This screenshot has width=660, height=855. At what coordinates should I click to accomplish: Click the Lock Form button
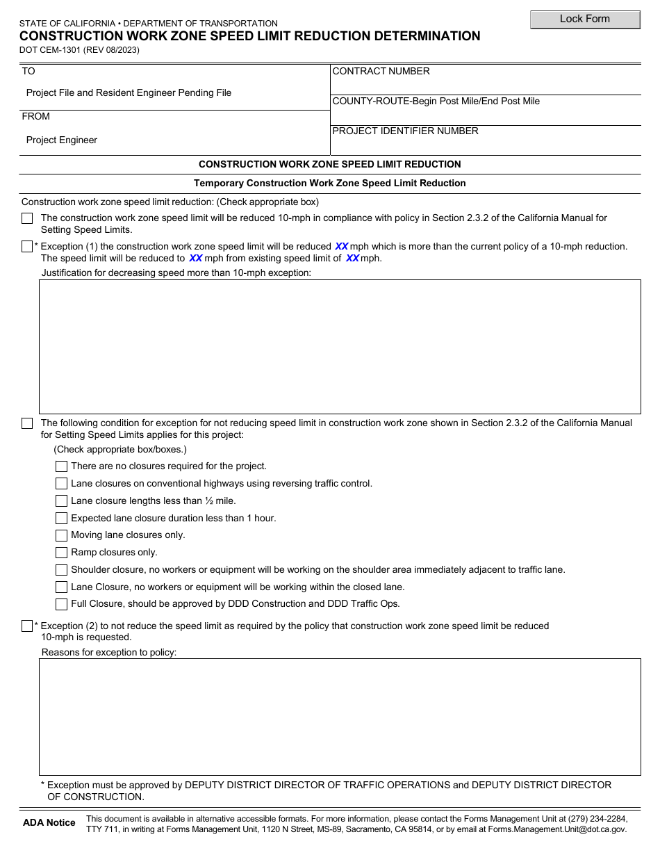click(585, 19)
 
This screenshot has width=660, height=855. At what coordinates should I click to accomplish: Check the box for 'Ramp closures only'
click(61, 553)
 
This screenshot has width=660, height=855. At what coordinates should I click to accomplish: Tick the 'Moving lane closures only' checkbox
click(61, 535)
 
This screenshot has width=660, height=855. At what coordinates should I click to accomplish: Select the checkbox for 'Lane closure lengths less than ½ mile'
click(61, 501)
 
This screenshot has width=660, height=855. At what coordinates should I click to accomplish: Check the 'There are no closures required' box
click(61, 466)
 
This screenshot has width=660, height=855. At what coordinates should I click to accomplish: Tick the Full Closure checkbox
click(61, 604)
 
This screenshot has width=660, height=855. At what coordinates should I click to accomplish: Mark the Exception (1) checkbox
click(27, 247)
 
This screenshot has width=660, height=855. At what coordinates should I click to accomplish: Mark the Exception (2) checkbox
click(27, 626)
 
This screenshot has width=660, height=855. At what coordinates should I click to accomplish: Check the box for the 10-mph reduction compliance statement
click(27, 218)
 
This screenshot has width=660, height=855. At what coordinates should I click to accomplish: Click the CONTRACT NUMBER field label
click(381, 72)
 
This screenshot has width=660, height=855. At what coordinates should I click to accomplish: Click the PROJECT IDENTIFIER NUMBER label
click(406, 131)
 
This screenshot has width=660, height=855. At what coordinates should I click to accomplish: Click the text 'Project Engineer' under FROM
click(62, 140)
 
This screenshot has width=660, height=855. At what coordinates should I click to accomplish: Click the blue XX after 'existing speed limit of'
click(353, 259)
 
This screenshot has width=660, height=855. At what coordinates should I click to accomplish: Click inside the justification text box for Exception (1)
click(339, 346)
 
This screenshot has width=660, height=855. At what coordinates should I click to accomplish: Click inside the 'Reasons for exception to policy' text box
click(339, 717)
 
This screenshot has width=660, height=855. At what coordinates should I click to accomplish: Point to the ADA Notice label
click(49, 823)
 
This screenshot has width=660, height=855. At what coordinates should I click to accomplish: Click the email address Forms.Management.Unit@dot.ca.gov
click(556, 829)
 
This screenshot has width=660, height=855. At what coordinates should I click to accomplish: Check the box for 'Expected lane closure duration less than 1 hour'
click(61, 519)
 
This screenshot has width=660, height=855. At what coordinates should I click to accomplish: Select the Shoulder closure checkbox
click(61, 570)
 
